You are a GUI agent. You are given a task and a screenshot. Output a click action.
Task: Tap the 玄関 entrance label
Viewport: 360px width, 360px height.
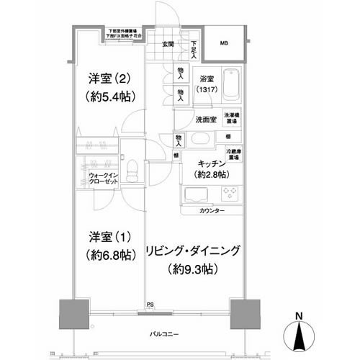(x=167, y=45)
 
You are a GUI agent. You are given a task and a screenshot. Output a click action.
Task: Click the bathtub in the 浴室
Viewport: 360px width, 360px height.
(x=230, y=86)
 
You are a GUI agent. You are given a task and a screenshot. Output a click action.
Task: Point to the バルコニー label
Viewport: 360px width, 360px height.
(x=165, y=333)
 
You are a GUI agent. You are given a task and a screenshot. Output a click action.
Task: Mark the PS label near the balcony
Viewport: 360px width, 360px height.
(x=150, y=305)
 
